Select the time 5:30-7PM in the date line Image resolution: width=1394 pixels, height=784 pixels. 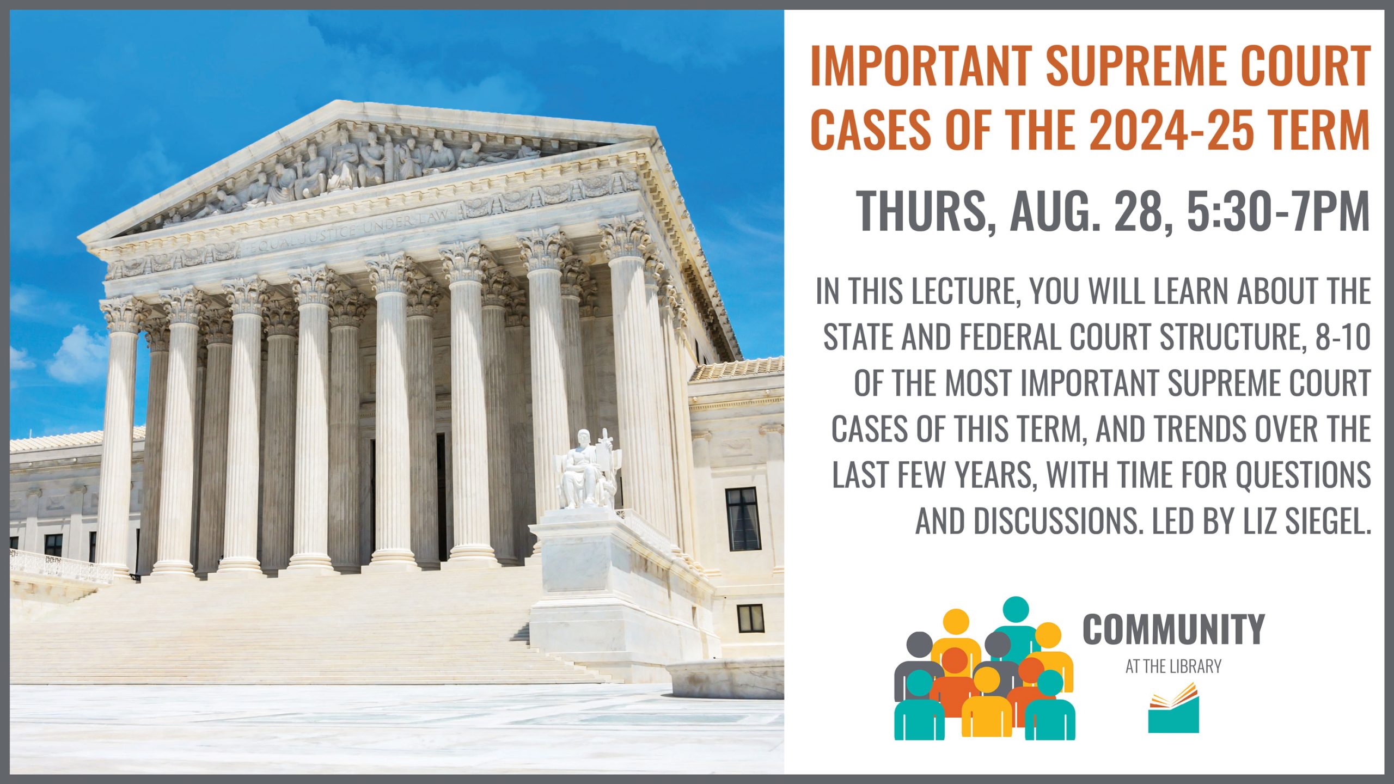point(1278,211)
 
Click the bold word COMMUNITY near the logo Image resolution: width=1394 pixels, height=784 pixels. point(1174,629)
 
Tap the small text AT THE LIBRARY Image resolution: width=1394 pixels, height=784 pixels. point(1173,666)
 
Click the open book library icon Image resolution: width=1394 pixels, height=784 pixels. point(1173,708)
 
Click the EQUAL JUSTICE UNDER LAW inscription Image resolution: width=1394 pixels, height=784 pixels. point(348,231)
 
